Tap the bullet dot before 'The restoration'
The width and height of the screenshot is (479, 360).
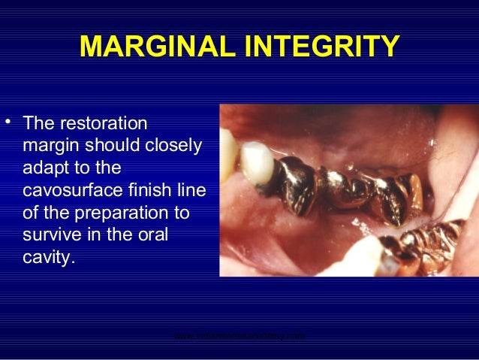point(8,120)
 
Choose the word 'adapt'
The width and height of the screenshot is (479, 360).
point(44,168)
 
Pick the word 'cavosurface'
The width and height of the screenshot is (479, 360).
point(69,191)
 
